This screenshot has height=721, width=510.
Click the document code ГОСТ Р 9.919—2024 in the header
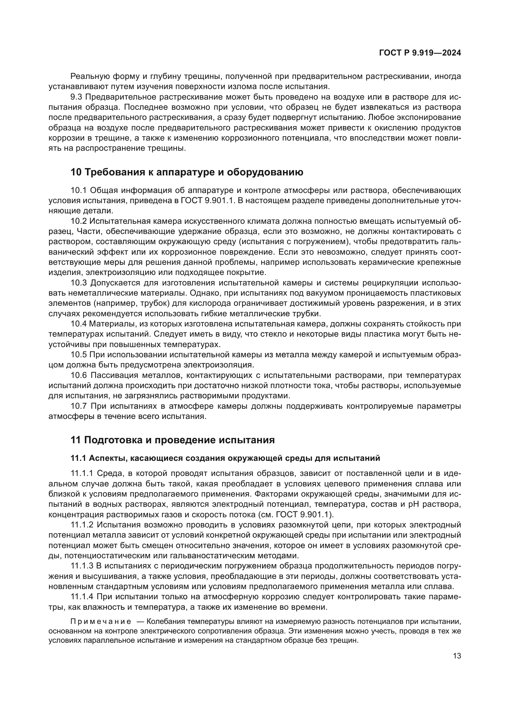(x=420, y=53)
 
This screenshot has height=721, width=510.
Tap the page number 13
(x=457, y=656)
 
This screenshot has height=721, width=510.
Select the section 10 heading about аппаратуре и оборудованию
(x=187, y=172)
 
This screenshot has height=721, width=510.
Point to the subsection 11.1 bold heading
(x=225, y=458)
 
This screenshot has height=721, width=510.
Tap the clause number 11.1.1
(x=82, y=473)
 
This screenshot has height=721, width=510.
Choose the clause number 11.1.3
(x=82, y=566)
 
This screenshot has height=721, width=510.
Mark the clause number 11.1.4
(x=82, y=596)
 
